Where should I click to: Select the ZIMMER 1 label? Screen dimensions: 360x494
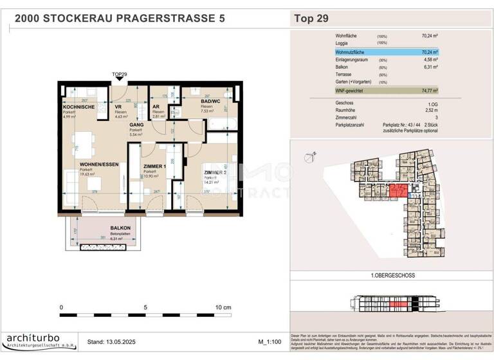[154, 166]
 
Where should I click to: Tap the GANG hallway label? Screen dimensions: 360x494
[136, 125]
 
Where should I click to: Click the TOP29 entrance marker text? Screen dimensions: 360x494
[120, 75]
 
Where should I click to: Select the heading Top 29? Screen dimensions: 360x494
[311, 18]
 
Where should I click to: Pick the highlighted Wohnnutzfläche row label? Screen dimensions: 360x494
[354, 51]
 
